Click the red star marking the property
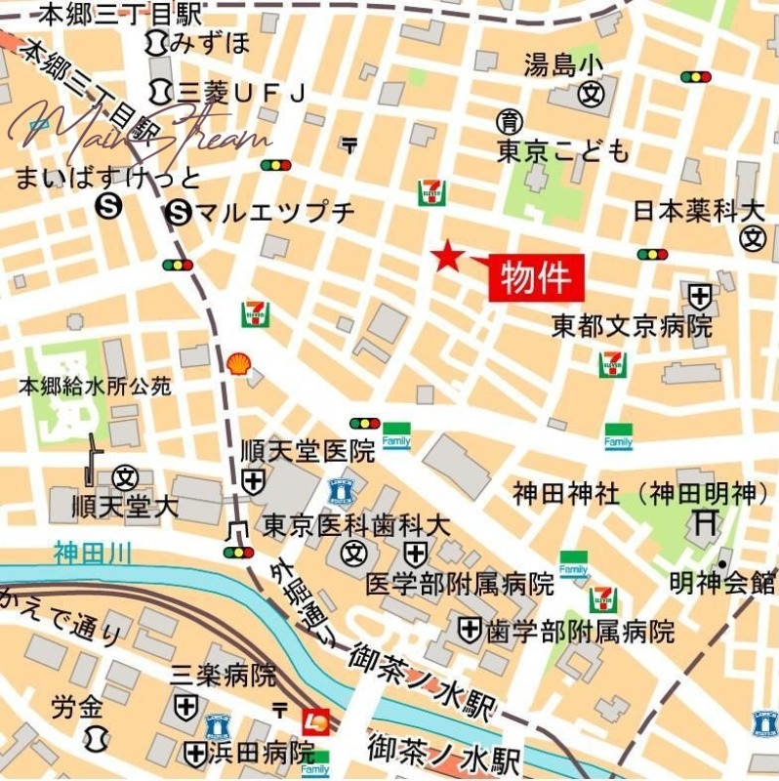pyautogui.click(x=447, y=256)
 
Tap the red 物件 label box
pyautogui.click(x=536, y=278)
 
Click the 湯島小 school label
pyautogui.click(x=563, y=65)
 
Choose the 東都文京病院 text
pyautogui.click(x=632, y=326)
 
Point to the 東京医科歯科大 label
pyautogui.click(x=356, y=525)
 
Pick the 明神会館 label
pyautogui.click(x=723, y=584)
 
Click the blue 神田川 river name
pyautogui.click(x=94, y=555)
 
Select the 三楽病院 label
pyautogui.click(x=224, y=675)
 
